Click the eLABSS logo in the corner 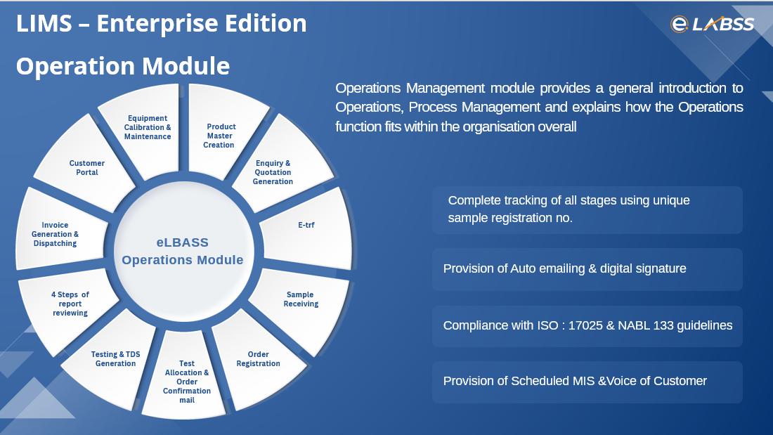(712, 25)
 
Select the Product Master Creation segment (221, 136)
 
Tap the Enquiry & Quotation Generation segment (273, 172)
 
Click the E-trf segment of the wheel (306, 226)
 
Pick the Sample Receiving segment (301, 299)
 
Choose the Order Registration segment (258, 359)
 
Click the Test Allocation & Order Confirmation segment (186, 382)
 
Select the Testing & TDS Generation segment (115, 359)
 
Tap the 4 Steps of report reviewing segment (70, 304)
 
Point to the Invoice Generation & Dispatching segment (56, 234)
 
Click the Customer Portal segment (86, 168)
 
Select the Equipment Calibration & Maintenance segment (148, 127)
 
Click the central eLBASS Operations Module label (183, 251)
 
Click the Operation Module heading (123, 65)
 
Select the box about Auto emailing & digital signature (587, 269)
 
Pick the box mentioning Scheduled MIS (587, 382)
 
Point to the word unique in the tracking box (670, 200)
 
